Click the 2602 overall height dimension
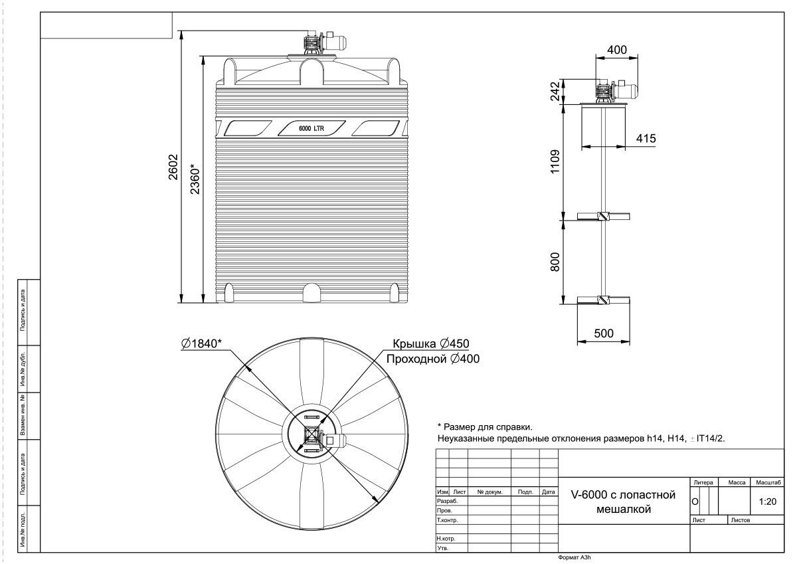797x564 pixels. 173,167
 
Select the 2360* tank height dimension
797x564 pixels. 195,179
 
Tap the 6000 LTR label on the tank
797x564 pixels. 311,128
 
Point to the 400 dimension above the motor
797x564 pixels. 616,50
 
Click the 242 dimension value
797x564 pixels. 555,91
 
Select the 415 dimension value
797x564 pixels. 646,138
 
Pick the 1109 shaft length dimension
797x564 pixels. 555,162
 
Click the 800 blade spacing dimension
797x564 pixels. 555,262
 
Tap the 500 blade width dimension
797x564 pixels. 604,333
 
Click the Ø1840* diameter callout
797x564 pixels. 201,343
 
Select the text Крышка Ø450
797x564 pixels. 431,343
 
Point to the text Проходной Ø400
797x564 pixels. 433,359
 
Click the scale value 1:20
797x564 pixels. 768,502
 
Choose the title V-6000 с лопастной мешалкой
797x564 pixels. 624,502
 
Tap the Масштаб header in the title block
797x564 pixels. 768,482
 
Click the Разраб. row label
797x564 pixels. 447,501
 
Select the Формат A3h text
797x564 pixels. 575,557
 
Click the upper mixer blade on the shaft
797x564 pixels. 604,217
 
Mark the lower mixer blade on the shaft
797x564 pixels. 604,300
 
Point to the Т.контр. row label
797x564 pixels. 447,520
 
